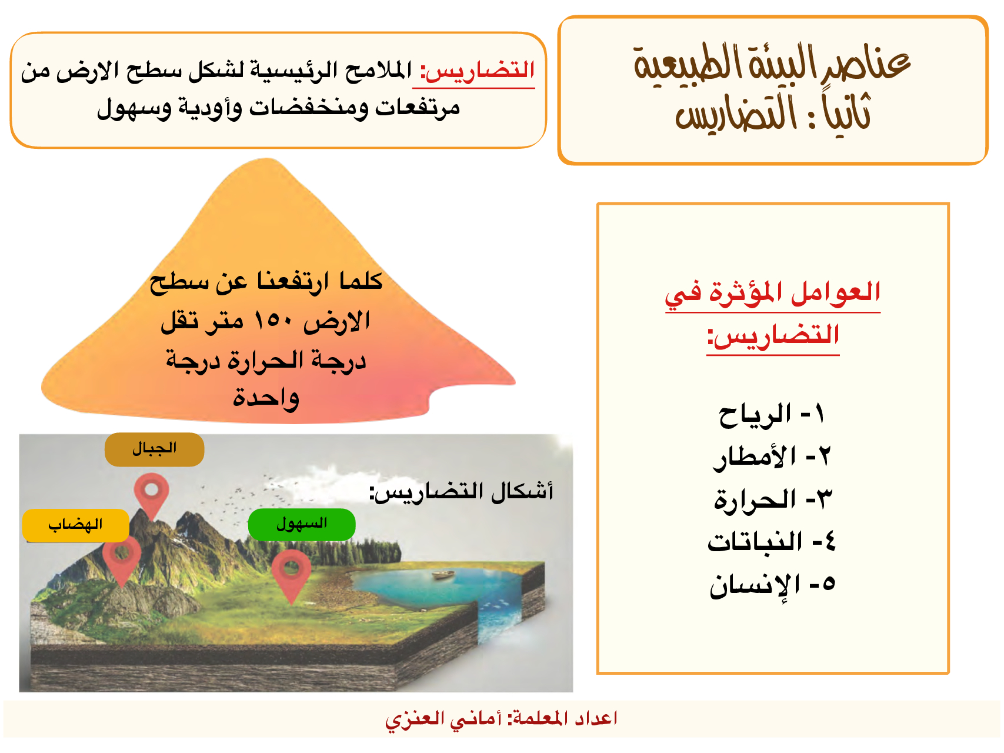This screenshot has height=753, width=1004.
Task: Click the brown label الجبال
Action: click(154, 449)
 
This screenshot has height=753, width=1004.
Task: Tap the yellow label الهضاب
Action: click(75, 525)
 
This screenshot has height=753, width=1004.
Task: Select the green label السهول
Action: click(302, 524)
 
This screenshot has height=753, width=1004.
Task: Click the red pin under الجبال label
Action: click(151, 496)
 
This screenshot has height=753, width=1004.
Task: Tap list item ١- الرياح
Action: click(771, 415)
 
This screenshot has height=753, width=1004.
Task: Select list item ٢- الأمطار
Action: click(771, 457)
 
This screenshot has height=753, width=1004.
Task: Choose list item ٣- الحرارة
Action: click(773, 499)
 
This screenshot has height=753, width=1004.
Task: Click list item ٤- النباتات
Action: click(771, 542)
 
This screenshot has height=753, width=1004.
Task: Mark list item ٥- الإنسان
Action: click(772, 585)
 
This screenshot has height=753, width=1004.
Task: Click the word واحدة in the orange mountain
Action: click(266, 398)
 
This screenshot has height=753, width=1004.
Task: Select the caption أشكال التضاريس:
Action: click(461, 491)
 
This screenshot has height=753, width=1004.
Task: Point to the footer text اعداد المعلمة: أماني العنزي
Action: click(501, 718)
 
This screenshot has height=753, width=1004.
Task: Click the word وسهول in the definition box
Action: click(135, 108)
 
